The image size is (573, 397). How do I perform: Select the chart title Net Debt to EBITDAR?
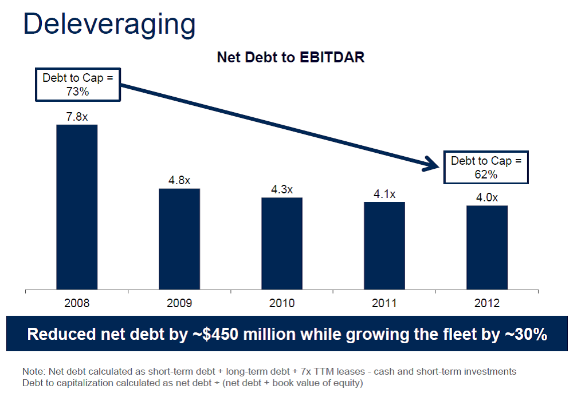point(291,58)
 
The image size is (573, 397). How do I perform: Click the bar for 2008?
point(77,207)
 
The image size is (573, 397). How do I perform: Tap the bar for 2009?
point(179,239)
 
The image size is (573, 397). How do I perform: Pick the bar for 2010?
point(282,244)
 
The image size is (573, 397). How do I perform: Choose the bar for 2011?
point(384,246)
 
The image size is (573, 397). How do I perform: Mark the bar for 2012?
point(486,247)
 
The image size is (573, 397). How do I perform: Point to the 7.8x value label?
point(77,117)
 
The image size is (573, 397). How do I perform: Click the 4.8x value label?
point(179,181)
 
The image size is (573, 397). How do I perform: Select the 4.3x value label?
point(282,190)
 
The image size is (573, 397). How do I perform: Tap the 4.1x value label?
point(384,194)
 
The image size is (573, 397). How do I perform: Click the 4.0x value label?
point(486,197)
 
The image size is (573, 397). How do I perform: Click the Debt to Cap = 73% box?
point(80,84)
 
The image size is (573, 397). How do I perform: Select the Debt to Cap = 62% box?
point(486,167)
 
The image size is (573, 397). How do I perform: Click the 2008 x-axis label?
point(77,303)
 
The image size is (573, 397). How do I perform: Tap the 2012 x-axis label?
point(486,303)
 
